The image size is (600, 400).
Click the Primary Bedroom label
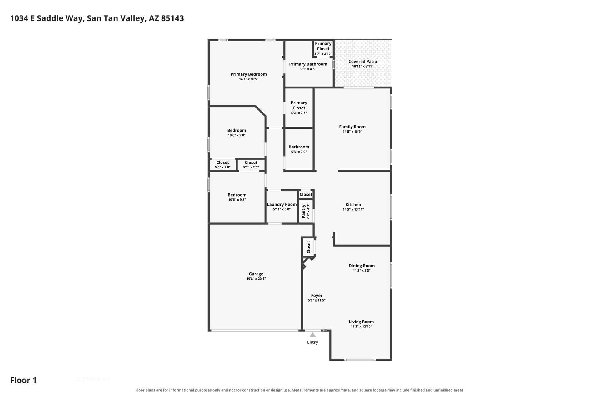coord(249,74)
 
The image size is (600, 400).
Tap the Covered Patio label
coord(363,61)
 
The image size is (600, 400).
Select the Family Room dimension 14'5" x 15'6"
coord(352,132)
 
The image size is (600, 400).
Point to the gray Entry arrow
coord(312,335)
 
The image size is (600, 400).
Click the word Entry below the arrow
coord(312,342)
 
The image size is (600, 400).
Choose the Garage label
coord(256,274)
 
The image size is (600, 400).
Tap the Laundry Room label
coord(282,204)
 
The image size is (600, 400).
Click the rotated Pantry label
coord(303,212)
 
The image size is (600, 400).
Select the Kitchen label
coord(353,204)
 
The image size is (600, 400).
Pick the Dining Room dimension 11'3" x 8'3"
coord(362,271)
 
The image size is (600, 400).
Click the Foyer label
coord(317,295)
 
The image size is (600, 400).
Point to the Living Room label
coord(361,322)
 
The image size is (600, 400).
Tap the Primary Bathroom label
coord(308,64)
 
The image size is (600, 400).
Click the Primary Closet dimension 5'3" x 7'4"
coord(299,113)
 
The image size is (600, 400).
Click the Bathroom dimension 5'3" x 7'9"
coord(299,152)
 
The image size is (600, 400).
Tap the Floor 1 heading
coord(23,380)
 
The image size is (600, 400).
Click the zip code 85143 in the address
coord(172,18)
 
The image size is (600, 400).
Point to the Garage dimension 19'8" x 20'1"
coord(256,279)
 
